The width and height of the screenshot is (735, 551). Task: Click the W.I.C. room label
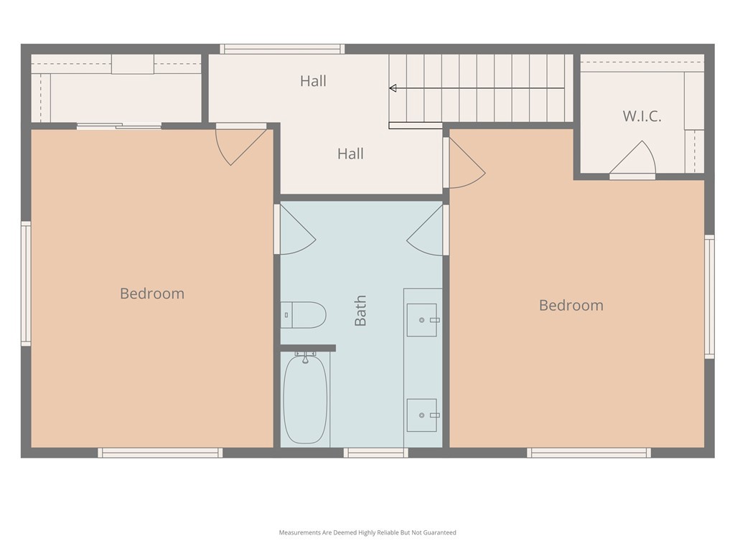[x=642, y=116]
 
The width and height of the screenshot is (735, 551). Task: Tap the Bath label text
[x=360, y=310]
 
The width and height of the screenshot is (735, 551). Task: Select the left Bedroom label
[x=152, y=293]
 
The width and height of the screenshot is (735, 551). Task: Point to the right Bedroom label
[x=571, y=305]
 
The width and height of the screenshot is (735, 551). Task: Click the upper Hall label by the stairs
[x=313, y=81]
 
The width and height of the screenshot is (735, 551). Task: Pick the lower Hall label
[x=350, y=154]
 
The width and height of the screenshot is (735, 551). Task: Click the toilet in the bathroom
[x=304, y=315]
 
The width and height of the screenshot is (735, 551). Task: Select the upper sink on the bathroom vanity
[x=422, y=320]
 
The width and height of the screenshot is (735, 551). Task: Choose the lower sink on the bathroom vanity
[x=422, y=415]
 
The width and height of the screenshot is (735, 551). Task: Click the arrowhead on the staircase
[x=393, y=88]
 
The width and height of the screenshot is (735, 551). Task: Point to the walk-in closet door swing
[x=633, y=159]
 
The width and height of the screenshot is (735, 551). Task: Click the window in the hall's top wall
[x=282, y=49]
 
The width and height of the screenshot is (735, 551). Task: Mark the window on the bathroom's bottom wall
[x=375, y=453]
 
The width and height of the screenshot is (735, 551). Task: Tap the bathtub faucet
[x=305, y=357]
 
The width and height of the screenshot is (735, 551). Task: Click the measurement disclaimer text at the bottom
[x=367, y=532]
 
